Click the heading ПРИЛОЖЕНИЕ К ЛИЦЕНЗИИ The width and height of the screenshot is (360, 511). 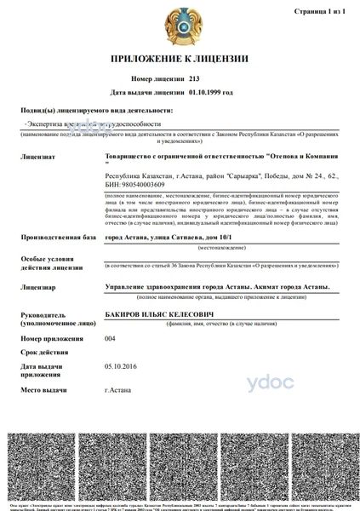(179, 59)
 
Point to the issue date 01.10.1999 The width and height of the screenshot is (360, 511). (210, 90)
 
